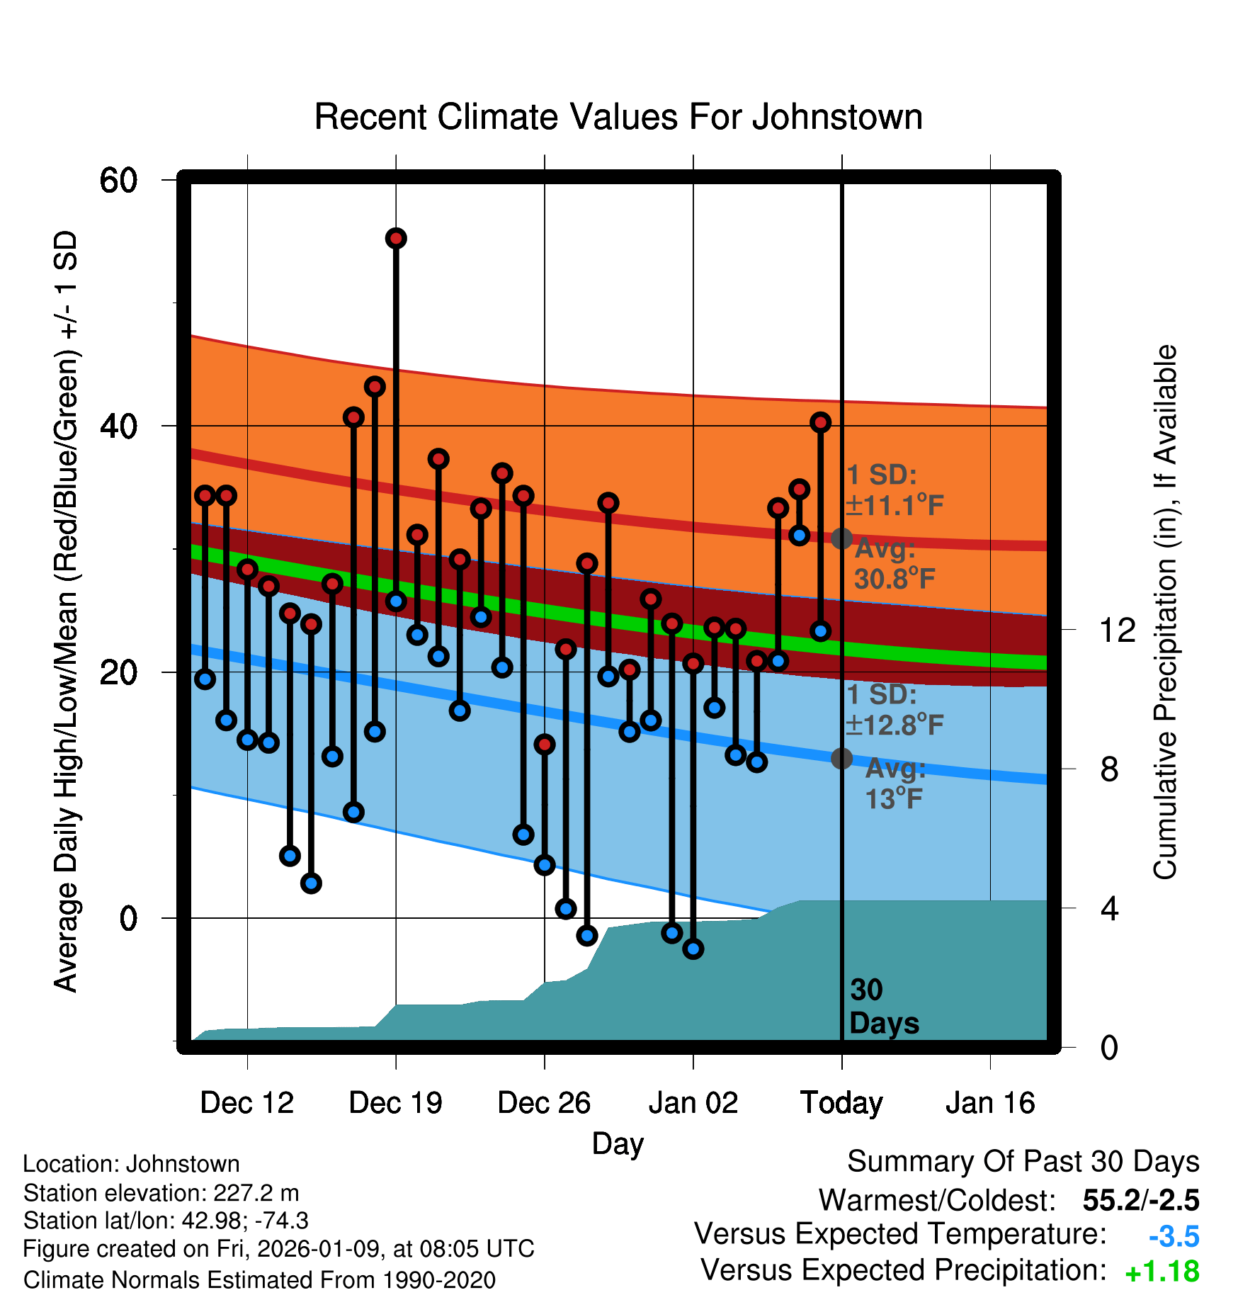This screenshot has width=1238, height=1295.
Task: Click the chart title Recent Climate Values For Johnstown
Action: point(618,117)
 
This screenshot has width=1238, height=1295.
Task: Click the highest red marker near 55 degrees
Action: point(396,239)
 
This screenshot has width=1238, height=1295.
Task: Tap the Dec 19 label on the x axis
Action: point(395,1103)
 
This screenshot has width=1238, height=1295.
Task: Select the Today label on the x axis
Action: point(841,1103)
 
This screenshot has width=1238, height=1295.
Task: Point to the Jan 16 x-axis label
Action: point(990,1103)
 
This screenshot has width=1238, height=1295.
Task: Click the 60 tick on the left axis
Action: point(118,180)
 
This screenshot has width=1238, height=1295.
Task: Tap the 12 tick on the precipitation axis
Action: point(1117,630)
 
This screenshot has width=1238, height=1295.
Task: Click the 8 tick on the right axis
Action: point(1109,769)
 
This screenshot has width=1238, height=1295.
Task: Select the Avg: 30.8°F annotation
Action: point(894,564)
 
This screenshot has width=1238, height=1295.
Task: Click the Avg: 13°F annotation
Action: point(895,784)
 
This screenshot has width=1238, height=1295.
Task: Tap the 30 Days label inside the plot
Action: point(883,1007)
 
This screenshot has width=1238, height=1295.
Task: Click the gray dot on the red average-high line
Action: point(841,538)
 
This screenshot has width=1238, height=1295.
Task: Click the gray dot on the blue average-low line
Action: point(841,758)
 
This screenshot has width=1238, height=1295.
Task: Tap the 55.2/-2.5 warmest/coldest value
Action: point(1140,1200)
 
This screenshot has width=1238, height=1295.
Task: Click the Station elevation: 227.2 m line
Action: point(161,1193)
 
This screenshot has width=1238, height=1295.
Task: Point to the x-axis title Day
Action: point(618,1144)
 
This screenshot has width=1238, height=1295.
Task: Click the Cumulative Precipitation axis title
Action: point(1166,613)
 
